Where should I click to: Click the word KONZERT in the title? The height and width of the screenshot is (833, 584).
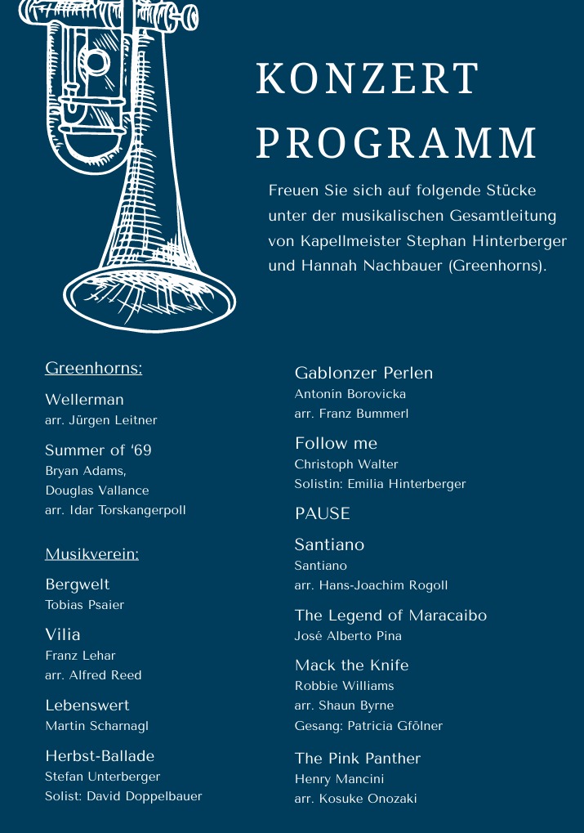pyautogui.click(x=367, y=79)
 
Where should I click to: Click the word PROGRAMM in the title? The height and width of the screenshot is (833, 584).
pyautogui.click(x=396, y=143)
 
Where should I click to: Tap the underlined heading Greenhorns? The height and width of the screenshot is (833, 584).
pyautogui.click(x=94, y=369)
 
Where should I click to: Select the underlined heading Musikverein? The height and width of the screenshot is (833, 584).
pyautogui.click(x=91, y=554)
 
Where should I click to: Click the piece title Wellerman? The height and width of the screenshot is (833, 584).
pyautogui.click(x=84, y=400)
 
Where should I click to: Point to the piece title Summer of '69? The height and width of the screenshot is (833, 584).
pyautogui.click(x=98, y=450)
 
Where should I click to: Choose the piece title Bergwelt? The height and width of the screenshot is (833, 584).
pyautogui.click(x=77, y=584)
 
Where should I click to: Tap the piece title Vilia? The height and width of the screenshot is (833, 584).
pyautogui.click(x=63, y=634)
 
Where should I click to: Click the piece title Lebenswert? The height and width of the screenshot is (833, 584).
pyautogui.click(x=87, y=705)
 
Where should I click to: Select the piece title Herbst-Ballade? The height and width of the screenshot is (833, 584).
pyautogui.click(x=100, y=756)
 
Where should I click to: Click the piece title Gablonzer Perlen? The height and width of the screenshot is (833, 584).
pyautogui.click(x=363, y=374)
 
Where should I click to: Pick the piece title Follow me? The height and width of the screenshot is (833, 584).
pyautogui.click(x=336, y=444)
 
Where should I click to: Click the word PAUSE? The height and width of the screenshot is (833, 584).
pyautogui.click(x=322, y=514)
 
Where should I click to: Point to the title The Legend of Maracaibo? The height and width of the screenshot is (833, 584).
pyautogui.click(x=390, y=616)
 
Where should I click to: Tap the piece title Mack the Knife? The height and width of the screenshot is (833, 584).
pyautogui.click(x=351, y=665)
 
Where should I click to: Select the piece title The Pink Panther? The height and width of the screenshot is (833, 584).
pyautogui.click(x=357, y=759)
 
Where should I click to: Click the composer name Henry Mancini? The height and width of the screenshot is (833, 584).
pyautogui.click(x=339, y=779)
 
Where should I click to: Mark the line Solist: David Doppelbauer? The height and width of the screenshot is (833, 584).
pyautogui.click(x=123, y=796)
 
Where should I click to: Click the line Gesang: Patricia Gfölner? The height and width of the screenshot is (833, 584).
pyautogui.click(x=368, y=725)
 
